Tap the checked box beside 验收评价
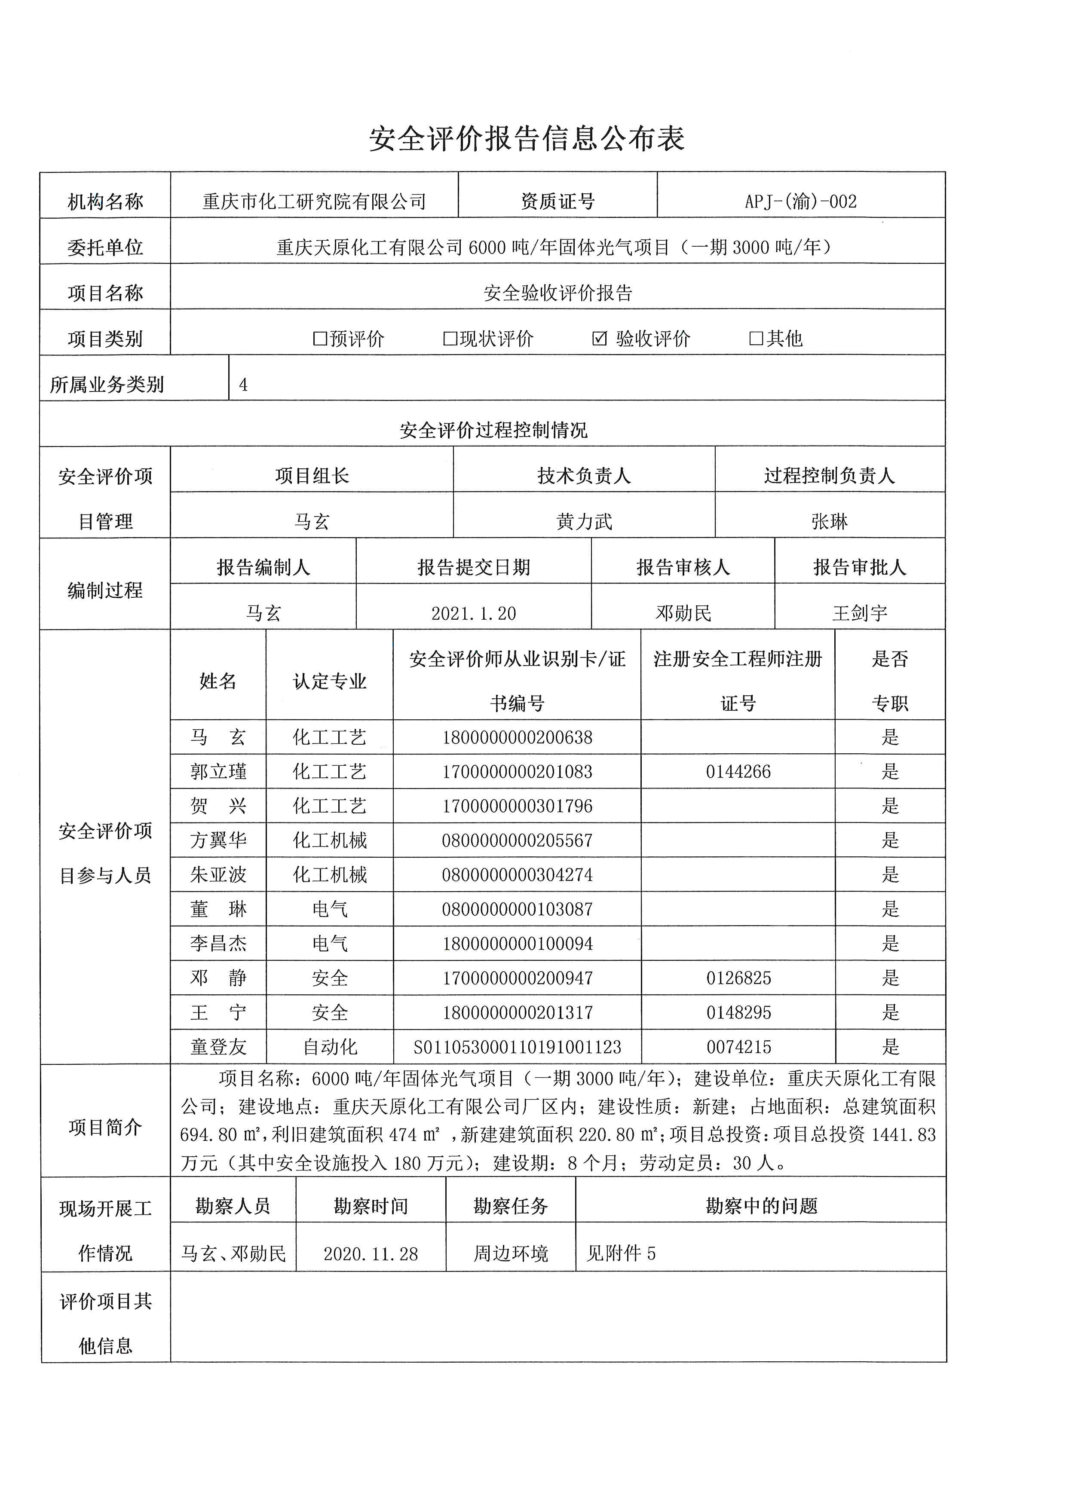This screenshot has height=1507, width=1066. coord(599,339)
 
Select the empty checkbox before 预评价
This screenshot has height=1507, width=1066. coord(320,339)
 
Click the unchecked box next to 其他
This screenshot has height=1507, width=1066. coord(756,339)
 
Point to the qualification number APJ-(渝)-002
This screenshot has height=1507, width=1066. coord(801,202)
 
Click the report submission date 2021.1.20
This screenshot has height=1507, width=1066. coord(473,614)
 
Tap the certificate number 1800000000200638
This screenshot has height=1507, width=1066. coord(517,738)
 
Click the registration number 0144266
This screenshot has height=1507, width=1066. coord(738,772)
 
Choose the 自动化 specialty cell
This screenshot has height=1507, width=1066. coord(330,1047)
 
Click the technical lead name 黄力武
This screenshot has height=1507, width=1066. coord(584,522)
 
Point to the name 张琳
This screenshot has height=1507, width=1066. coord(830,522)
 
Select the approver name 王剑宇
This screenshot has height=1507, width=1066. coord(860,614)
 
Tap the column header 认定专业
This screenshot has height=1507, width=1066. coord(330,681)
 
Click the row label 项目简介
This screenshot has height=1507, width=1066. coord(105,1128)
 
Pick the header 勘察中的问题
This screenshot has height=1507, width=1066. coord(761,1206)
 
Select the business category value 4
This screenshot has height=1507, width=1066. coord(244,385)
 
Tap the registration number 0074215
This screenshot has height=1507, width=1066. coord(738,1047)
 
